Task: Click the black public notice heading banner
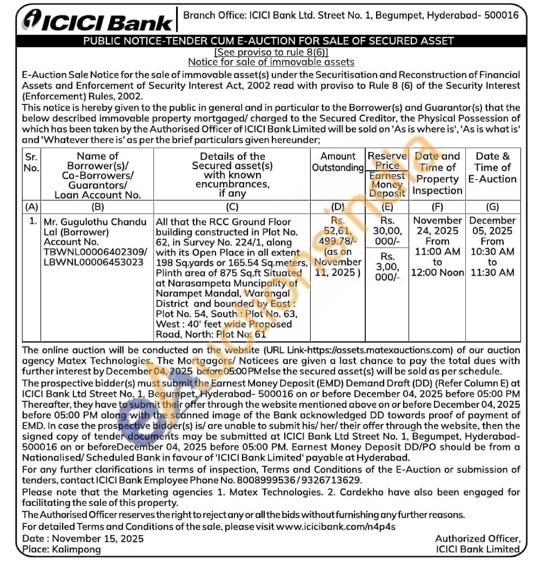(268, 41)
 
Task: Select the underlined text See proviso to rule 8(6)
(271, 52)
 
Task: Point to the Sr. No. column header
(31, 163)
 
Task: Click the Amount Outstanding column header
(338, 162)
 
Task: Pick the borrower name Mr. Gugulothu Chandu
(95, 222)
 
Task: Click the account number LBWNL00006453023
(94, 262)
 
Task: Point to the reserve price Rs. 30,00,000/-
(387, 231)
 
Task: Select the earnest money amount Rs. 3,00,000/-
(387, 267)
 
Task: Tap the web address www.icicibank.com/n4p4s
(336, 527)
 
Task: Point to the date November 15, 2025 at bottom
(98, 538)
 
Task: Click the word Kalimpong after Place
(76, 549)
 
